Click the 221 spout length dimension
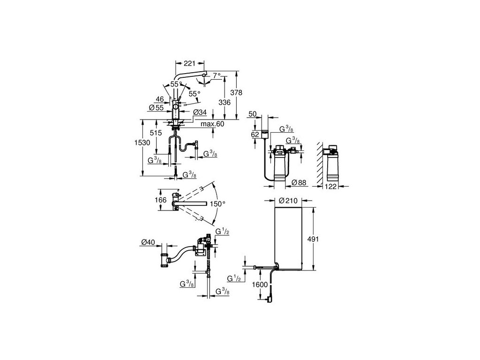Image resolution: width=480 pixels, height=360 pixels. (x=189, y=62)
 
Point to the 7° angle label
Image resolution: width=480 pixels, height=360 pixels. (x=216, y=75)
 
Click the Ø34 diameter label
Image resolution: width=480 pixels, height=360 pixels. (x=199, y=112)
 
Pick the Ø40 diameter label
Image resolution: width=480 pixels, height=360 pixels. (x=148, y=242)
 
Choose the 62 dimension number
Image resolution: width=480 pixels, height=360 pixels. (x=255, y=134)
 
